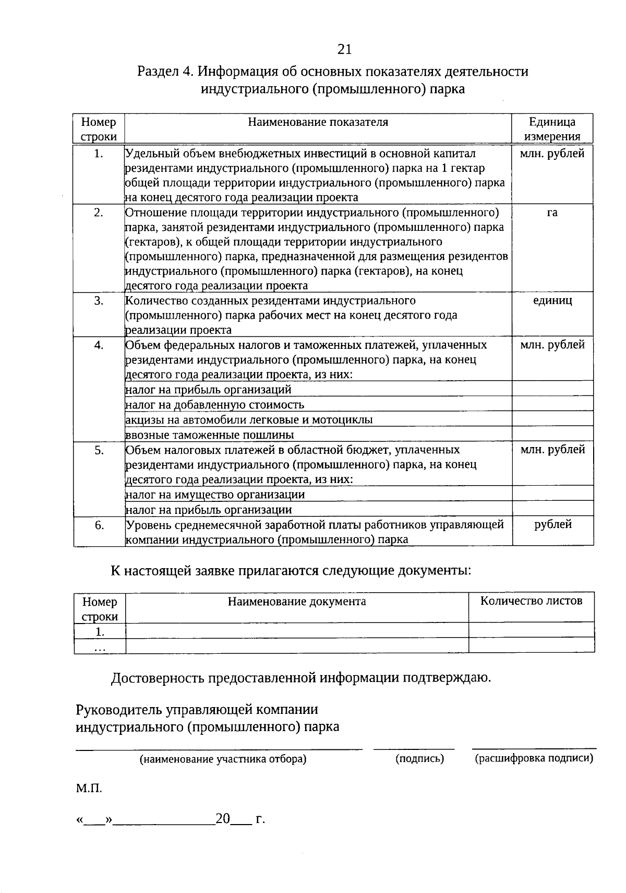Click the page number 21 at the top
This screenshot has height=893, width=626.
point(345,49)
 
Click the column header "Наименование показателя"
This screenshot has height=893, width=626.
point(318,122)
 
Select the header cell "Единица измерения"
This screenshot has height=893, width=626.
point(552,129)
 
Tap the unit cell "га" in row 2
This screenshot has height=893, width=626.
point(552,213)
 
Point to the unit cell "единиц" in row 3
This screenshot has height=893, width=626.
point(552,300)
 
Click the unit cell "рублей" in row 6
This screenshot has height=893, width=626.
point(552,524)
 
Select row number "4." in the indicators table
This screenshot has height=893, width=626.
point(99,345)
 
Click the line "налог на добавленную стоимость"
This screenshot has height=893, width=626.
point(215,405)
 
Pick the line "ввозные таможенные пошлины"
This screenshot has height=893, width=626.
point(210,435)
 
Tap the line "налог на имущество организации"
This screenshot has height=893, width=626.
point(215,495)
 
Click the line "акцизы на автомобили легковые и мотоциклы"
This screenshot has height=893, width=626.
point(249,420)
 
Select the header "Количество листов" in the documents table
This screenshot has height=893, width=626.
point(531,601)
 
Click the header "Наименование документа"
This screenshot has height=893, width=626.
point(297,601)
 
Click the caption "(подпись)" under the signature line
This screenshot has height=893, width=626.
point(419,759)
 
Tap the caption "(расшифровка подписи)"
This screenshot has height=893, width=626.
point(534,758)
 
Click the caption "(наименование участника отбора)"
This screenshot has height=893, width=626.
point(223,759)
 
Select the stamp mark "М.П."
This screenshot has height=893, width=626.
point(89,789)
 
